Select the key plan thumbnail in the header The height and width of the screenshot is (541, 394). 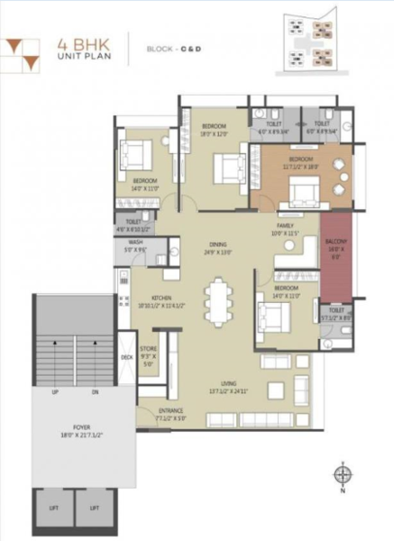[x=315, y=43]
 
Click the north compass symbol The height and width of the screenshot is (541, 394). [x=341, y=475]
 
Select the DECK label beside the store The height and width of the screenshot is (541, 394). [x=126, y=358]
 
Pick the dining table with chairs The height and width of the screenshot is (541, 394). [x=218, y=299]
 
